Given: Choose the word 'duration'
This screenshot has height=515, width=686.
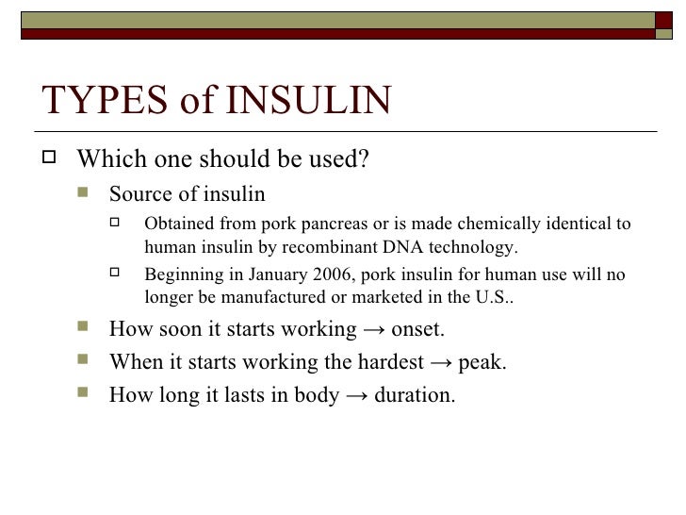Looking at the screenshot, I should [x=414, y=395].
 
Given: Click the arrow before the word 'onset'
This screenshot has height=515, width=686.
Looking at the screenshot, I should [x=370, y=331].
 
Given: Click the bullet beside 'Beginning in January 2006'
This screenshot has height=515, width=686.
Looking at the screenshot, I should [x=118, y=275].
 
